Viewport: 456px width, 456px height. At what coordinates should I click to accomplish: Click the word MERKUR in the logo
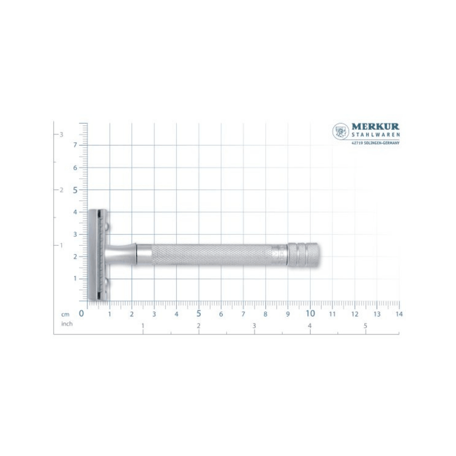(375, 127)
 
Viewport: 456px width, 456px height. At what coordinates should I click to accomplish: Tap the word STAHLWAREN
(375, 135)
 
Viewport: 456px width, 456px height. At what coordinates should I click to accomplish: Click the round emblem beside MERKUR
(341, 131)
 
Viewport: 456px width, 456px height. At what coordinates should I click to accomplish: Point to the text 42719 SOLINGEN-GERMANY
(375, 143)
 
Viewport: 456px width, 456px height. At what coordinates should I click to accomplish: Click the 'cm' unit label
(65, 314)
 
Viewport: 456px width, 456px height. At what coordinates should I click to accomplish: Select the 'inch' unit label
(67, 324)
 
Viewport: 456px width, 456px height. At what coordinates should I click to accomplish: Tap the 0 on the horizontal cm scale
(82, 314)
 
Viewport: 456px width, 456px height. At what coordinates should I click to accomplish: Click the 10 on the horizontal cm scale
(310, 314)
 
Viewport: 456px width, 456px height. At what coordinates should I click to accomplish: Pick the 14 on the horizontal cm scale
(399, 314)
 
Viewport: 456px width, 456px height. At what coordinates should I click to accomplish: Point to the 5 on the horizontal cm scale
(199, 314)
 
